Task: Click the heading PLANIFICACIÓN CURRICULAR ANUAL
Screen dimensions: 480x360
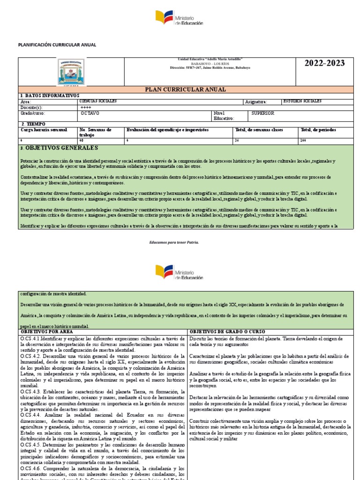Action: [x=57, y=45]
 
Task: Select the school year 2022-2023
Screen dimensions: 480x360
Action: [x=324, y=63]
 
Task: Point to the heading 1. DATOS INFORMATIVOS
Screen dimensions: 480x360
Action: [x=50, y=96]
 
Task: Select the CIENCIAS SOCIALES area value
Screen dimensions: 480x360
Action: [x=99, y=101]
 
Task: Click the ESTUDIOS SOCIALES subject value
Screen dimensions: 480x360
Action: [x=302, y=101]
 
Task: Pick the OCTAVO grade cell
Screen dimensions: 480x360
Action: [x=90, y=113]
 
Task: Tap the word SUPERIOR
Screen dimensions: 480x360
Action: [x=263, y=113]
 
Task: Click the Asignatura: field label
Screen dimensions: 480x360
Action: [x=256, y=102]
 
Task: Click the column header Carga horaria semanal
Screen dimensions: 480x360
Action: [x=43, y=130]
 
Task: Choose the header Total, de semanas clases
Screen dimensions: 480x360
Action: [x=259, y=130]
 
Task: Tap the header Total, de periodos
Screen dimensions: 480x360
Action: [x=319, y=130]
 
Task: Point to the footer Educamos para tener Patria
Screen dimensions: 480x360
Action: [x=174, y=242]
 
